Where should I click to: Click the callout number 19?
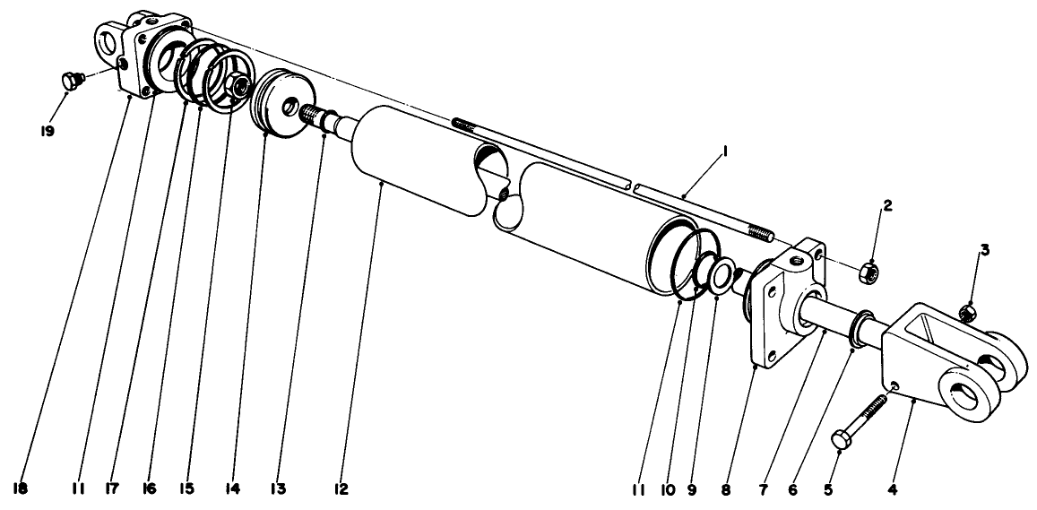point(47,131)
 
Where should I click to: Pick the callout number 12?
point(341,490)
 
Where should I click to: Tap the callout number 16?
point(147,490)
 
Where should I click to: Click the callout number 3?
point(984,250)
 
